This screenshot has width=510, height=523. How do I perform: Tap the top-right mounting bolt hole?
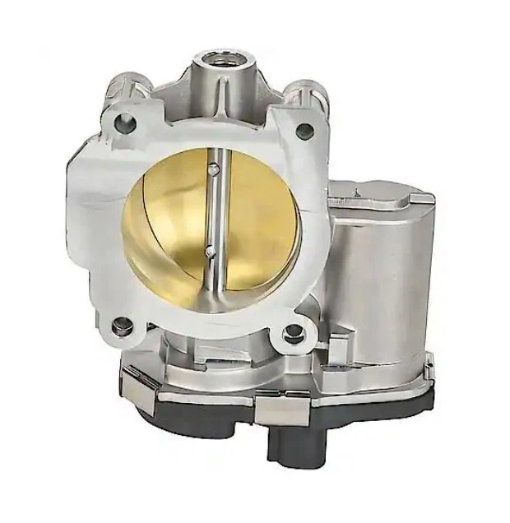(304, 130)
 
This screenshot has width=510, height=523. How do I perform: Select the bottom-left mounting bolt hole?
(121, 326)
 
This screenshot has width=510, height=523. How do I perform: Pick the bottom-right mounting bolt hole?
(293, 333)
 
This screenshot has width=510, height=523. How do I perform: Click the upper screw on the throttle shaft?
(214, 170)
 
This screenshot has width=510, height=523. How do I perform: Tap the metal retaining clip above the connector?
(284, 405)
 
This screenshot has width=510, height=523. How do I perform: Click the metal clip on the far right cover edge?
(428, 362)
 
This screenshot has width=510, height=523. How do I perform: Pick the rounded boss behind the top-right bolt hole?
(308, 92)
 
